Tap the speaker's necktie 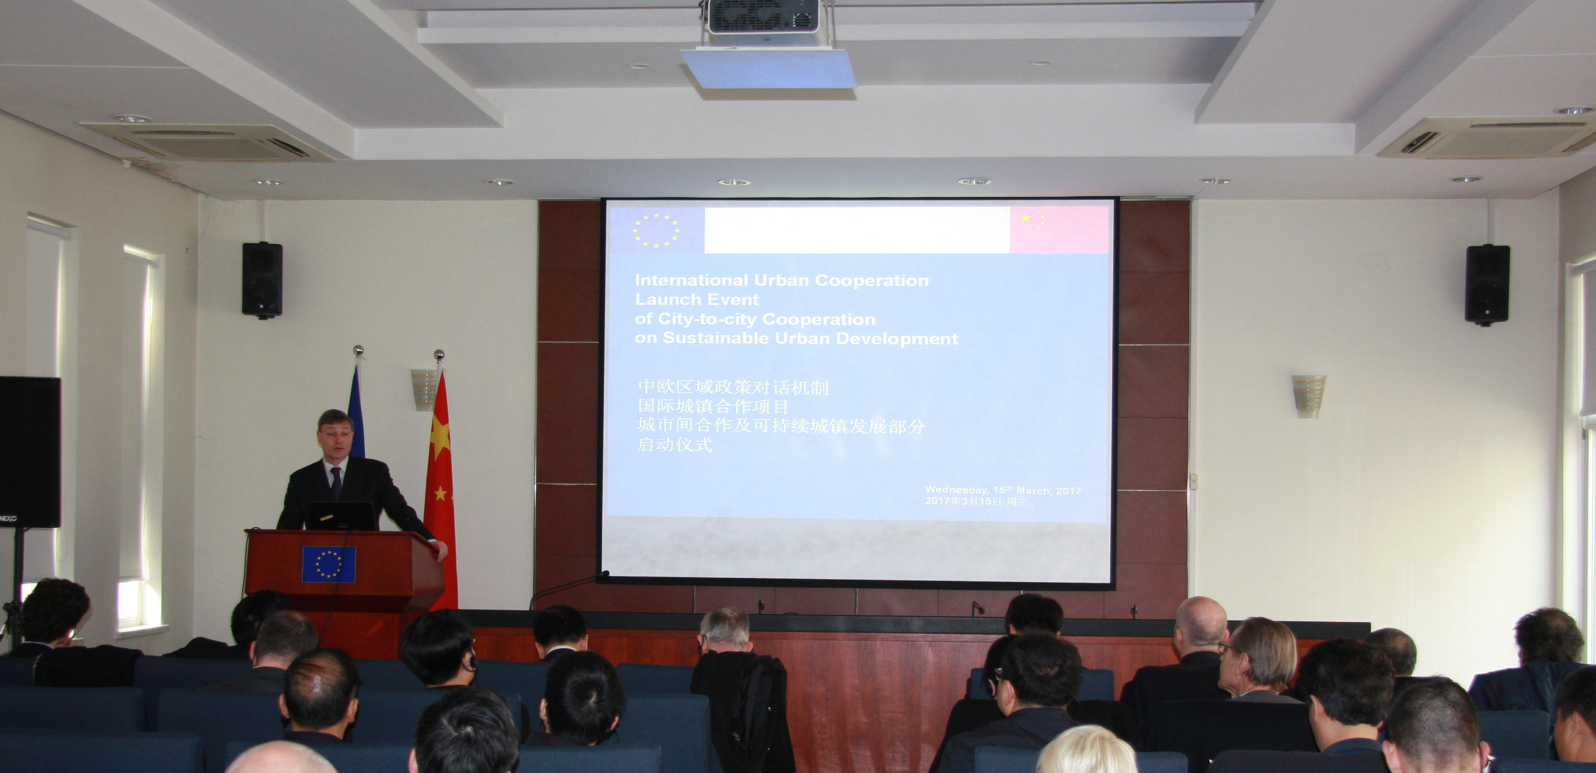pyautogui.click(x=335, y=483)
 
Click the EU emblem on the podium pyautogui.click(x=329, y=564)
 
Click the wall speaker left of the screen pyautogui.click(x=262, y=280)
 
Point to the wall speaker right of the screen pyautogui.click(x=1487, y=285)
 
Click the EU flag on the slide pyautogui.click(x=656, y=230)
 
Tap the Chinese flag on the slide pyautogui.click(x=1059, y=230)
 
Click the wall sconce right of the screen pyautogui.click(x=1309, y=396)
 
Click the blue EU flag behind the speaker pyautogui.click(x=356, y=412)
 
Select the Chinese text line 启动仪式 pyautogui.click(x=675, y=445)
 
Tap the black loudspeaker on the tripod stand pyautogui.click(x=29, y=452)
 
